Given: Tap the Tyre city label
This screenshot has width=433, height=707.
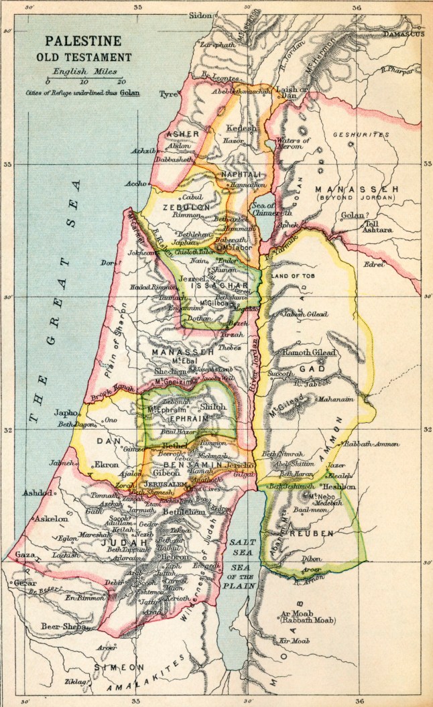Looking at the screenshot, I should (168, 94).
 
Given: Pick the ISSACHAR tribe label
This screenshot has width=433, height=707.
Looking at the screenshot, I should (212, 285).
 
